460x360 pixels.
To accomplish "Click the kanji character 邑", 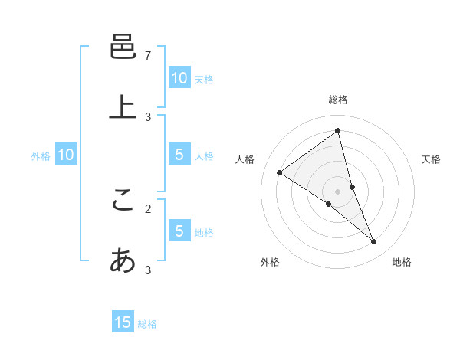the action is pyautogui.click(x=123, y=47).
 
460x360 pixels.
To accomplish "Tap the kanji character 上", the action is pyautogui.click(x=123, y=106).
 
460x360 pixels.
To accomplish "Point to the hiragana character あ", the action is pyautogui.click(x=123, y=260).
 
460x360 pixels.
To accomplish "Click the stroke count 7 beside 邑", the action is pyautogui.click(x=148, y=56).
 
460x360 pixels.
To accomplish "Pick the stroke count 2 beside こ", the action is pyautogui.click(x=148, y=208).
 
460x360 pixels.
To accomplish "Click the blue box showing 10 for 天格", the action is pyautogui.click(x=179, y=78).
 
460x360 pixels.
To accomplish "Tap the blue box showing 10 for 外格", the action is pyautogui.click(x=66, y=155).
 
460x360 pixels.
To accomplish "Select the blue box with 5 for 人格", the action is pyautogui.click(x=179, y=155).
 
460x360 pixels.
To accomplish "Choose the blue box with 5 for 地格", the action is pyautogui.click(x=179, y=231).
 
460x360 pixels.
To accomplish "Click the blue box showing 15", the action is pyautogui.click(x=123, y=322).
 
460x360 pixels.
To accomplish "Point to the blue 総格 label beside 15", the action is pyautogui.click(x=147, y=324).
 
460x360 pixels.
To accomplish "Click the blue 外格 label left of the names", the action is pyautogui.click(x=41, y=156).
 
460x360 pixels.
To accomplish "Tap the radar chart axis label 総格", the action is pyautogui.click(x=338, y=100).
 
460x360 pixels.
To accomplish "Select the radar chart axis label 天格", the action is pyautogui.click(x=431, y=159).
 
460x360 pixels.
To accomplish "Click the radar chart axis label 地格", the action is pyautogui.click(x=402, y=262).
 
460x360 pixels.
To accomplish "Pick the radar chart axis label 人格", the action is pyautogui.click(x=245, y=159).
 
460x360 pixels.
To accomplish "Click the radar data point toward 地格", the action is pyautogui.click(x=374, y=242).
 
